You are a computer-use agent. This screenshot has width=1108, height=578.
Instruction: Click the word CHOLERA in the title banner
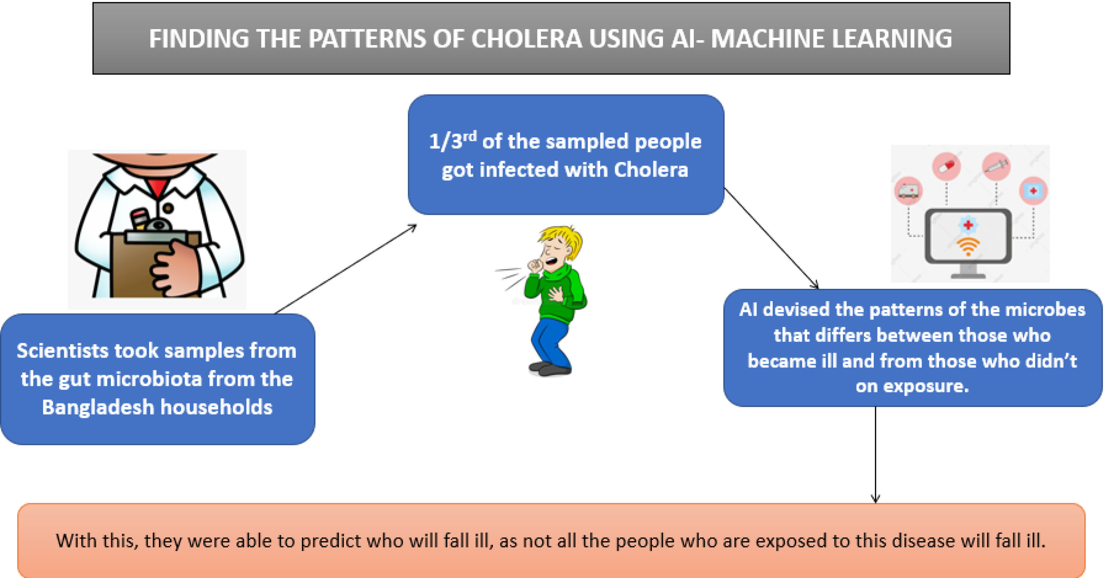[526, 39]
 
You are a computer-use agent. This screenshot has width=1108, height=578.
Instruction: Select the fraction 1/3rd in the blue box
[453, 141]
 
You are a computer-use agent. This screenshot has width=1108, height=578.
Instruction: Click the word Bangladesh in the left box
[98, 407]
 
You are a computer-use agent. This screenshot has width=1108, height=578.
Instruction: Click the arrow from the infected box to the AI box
[771, 238]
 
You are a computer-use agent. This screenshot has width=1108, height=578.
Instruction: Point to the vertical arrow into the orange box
[875, 455]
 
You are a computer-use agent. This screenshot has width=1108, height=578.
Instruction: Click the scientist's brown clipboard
[142, 265]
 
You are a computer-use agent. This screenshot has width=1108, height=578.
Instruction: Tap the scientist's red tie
[158, 188]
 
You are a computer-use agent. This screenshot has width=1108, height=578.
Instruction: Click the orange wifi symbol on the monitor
[968, 246]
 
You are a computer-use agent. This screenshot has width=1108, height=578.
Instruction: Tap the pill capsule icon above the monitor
[946, 166]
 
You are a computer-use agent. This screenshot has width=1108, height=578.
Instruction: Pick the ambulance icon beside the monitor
[908, 191]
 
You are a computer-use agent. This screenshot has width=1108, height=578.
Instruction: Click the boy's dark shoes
[550, 368]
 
